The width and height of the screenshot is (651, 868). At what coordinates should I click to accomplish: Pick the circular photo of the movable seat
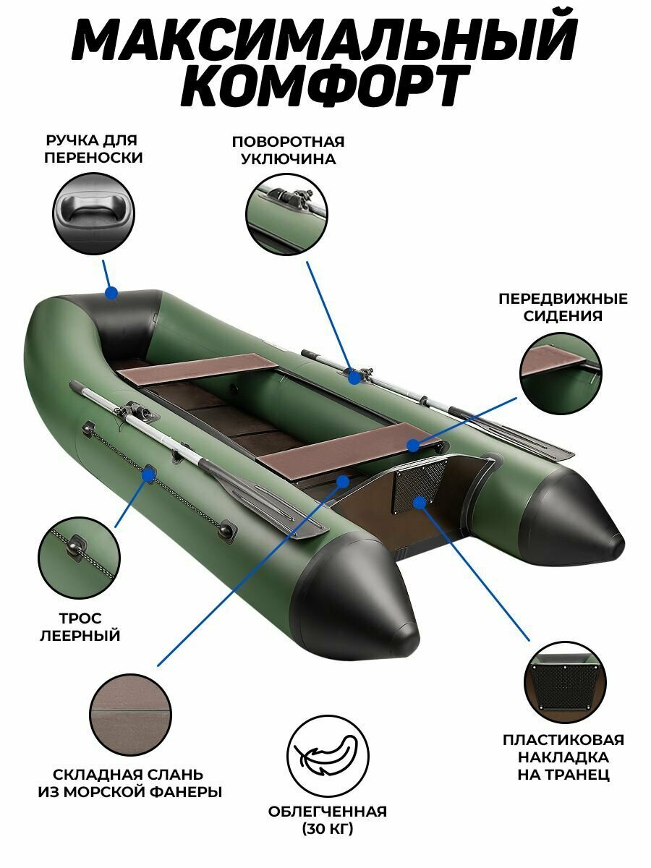pos(561,373)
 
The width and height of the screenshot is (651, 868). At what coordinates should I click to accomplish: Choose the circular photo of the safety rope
pos(79,558)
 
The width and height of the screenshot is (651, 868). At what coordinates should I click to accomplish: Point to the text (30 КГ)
pos(327,829)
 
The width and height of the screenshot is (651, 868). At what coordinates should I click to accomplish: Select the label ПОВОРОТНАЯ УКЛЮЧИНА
pos(288,150)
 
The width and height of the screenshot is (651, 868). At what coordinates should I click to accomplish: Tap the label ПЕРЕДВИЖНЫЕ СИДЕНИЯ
pos(561,307)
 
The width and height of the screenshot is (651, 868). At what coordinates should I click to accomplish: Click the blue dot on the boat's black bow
pos(111,293)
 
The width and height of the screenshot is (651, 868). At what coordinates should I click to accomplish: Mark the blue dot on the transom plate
pos(418,501)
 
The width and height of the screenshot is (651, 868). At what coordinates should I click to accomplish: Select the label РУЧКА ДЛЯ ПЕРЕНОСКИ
pos(92,148)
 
